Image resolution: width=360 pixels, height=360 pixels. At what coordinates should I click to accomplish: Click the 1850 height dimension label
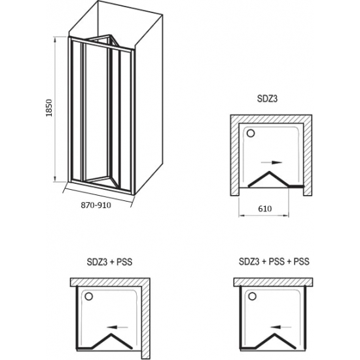tap(49, 108)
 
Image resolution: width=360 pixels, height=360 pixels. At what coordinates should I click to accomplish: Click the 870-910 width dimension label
tap(96, 205)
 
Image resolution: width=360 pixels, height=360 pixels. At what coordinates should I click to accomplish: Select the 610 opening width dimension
tap(264, 208)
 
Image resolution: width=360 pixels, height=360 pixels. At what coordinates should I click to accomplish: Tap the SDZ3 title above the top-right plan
tap(267, 98)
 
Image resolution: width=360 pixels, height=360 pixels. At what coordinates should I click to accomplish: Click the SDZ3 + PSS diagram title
tap(109, 262)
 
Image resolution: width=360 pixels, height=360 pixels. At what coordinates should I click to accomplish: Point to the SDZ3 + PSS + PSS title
tap(274, 261)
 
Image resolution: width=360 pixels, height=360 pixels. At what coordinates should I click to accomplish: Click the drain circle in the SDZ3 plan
tap(251, 133)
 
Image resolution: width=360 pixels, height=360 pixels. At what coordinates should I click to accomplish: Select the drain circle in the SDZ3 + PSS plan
tap(88, 296)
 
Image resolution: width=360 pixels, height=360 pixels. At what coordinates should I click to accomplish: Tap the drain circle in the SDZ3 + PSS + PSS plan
tap(253, 296)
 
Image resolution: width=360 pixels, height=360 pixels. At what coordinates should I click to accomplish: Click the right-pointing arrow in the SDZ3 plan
tap(272, 162)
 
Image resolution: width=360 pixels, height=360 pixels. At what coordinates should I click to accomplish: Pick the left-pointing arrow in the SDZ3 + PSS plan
tap(117, 327)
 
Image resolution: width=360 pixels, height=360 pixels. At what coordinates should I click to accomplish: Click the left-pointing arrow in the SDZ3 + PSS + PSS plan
tap(281, 327)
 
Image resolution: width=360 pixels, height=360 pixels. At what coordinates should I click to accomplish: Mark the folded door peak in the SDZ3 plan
tap(269, 171)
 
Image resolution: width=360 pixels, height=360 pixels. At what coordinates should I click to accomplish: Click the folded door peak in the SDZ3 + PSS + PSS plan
tap(275, 334)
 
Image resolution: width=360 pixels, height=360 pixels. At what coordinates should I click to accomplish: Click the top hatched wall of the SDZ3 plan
tap(271, 119)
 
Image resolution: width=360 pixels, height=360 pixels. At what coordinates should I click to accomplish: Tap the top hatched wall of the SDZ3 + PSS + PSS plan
tap(273, 282)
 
